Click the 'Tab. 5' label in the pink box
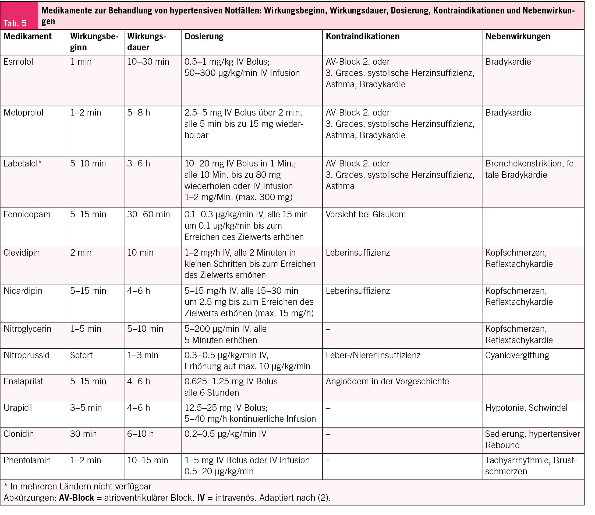(15, 23)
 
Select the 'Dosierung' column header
(204, 37)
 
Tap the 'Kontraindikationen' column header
(362, 37)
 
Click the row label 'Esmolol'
(18, 62)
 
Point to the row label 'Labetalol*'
(22, 163)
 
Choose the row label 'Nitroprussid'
(26, 356)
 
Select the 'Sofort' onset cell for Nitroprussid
(81, 356)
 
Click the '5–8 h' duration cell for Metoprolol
(139, 113)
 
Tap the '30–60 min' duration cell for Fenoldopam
(148, 214)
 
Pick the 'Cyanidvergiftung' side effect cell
(517, 356)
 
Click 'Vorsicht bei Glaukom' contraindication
(366, 214)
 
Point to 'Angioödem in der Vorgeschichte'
(387, 382)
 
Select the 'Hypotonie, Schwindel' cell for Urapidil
(526, 408)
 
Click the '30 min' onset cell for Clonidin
(83, 434)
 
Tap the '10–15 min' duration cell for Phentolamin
(148, 460)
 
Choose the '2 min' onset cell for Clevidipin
(81, 253)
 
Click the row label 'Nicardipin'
(23, 291)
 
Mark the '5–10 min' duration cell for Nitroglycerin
(145, 329)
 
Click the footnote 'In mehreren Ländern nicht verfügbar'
(81, 486)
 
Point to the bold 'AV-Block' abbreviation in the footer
(76, 498)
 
